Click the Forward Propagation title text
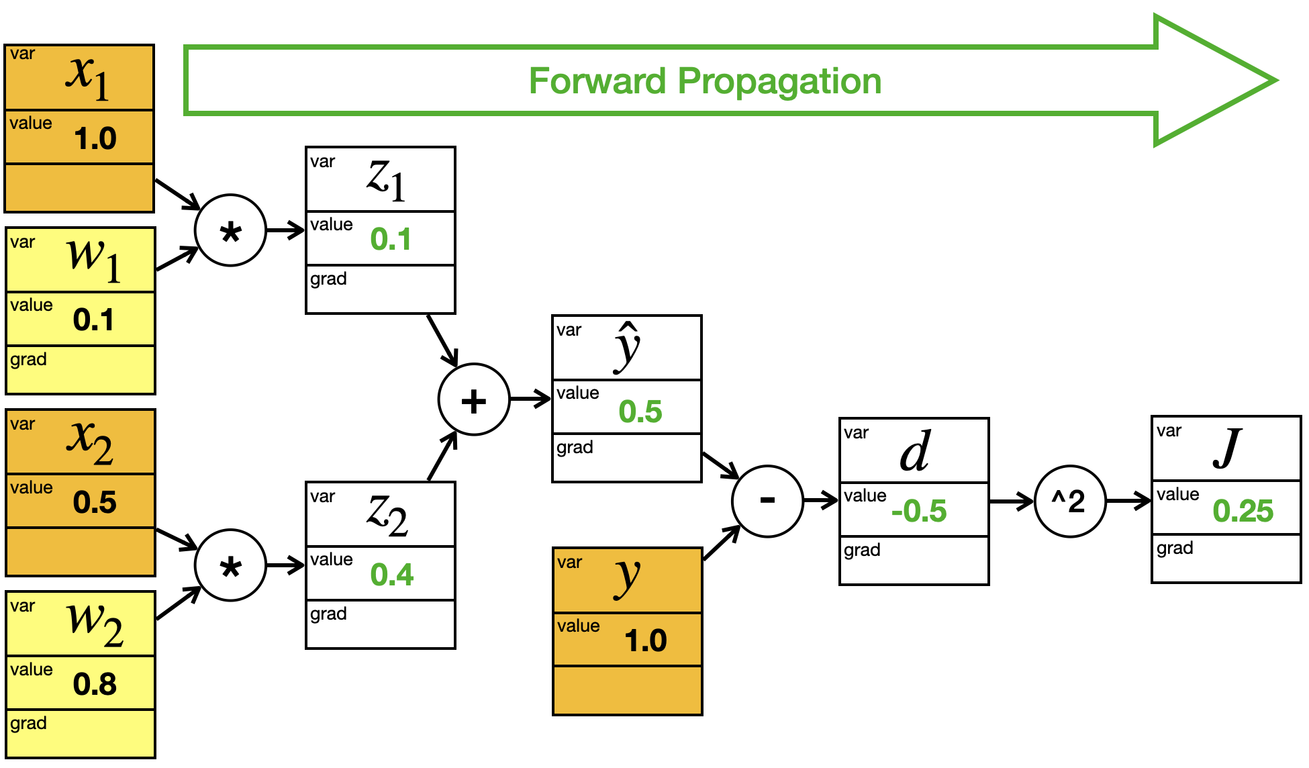click(x=705, y=81)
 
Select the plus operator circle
click(x=474, y=399)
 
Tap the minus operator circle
click(x=767, y=501)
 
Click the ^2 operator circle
click(x=1069, y=501)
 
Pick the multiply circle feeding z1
click(x=230, y=230)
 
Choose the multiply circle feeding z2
click(x=230, y=565)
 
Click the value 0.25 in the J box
click(x=1243, y=511)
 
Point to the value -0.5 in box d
click(x=919, y=512)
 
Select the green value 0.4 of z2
click(x=392, y=575)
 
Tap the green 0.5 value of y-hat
click(x=640, y=412)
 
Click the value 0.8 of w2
click(x=95, y=684)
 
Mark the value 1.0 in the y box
click(x=646, y=640)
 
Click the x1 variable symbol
click(x=88, y=76)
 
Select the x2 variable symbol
click(x=89, y=442)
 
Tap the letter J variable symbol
click(x=1227, y=448)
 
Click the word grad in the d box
click(x=862, y=551)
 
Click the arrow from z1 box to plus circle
click(x=442, y=340)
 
